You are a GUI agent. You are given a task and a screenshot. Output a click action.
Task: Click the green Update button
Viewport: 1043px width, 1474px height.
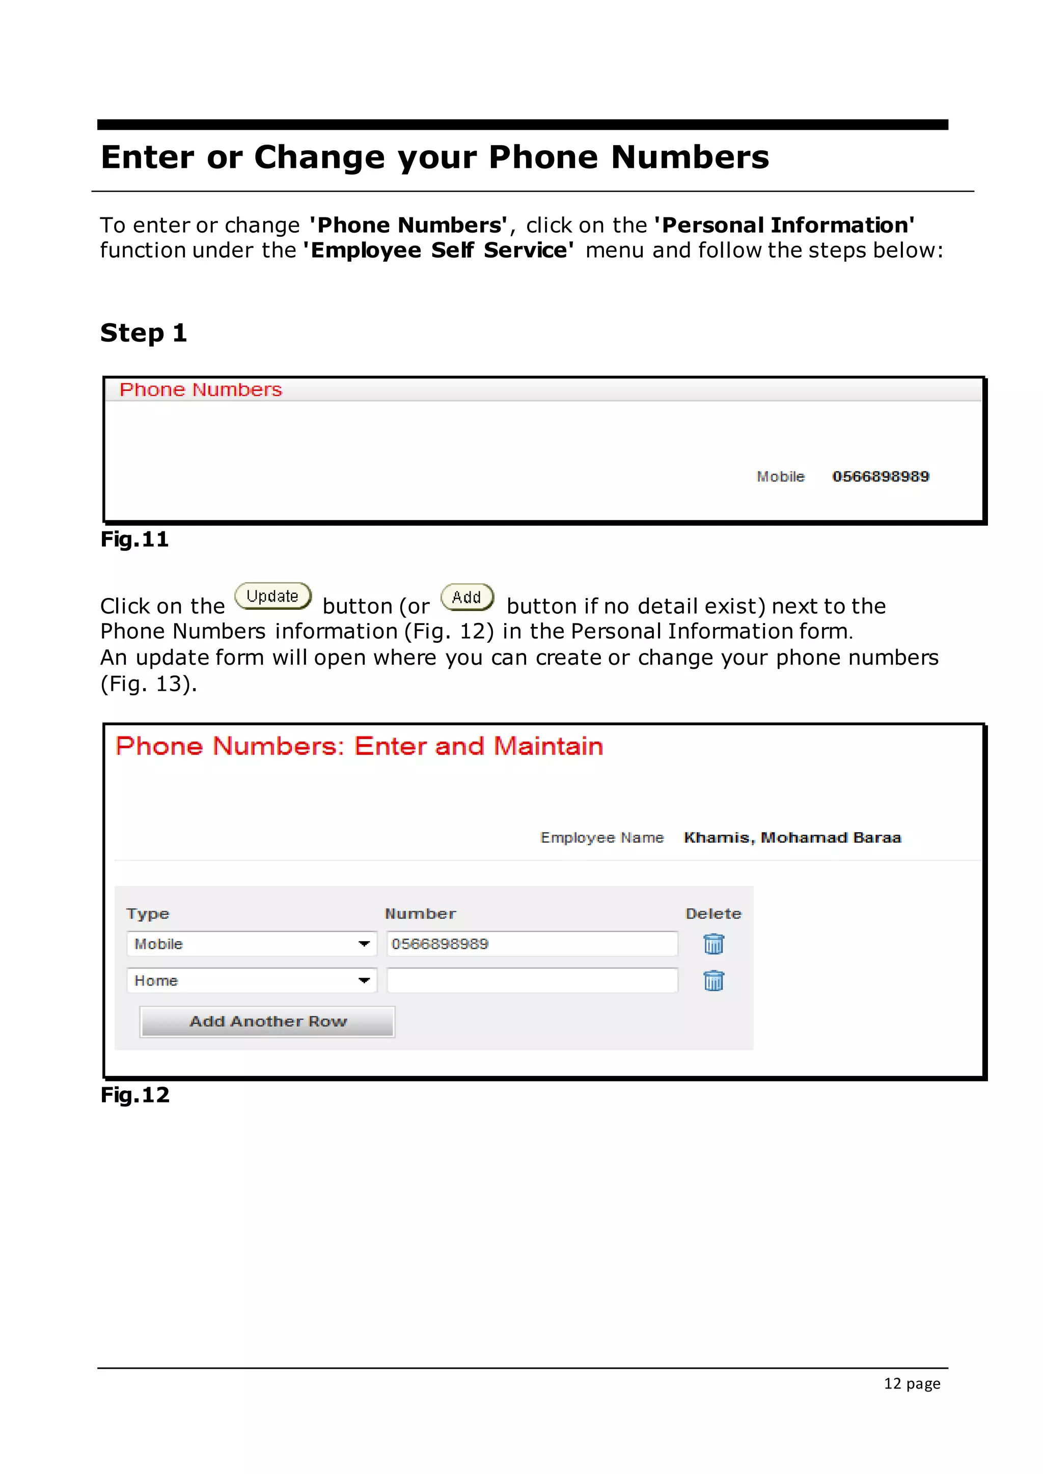coord(273,596)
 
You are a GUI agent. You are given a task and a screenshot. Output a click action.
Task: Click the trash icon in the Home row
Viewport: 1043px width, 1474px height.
coord(713,980)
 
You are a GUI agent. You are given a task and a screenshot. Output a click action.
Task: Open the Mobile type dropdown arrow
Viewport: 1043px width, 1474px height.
coord(364,944)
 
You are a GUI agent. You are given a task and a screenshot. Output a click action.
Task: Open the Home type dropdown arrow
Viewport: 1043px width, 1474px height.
coord(364,980)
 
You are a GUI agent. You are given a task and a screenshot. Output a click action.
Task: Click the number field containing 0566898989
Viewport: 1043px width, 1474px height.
coord(532,944)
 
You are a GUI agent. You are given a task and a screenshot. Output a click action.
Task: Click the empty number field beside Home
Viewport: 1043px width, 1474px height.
coord(532,980)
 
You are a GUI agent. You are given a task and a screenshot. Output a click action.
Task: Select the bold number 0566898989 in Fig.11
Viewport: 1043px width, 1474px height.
coord(881,476)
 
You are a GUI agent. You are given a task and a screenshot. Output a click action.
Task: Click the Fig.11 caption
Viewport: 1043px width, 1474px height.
coord(134,540)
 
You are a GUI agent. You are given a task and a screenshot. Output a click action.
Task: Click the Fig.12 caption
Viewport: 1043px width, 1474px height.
coord(135,1095)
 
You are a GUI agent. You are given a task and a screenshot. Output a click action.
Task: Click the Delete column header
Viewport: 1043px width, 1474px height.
coord(713,914)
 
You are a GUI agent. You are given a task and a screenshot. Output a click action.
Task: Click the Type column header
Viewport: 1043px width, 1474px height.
coord(148,914)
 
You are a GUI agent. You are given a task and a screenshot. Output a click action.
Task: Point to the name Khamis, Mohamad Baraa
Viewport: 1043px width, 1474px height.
coord(792,837)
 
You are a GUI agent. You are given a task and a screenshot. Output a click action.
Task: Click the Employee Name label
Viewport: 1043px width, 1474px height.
coord(602,837)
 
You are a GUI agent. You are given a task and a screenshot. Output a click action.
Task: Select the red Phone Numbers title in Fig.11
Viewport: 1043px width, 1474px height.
coord(200,390)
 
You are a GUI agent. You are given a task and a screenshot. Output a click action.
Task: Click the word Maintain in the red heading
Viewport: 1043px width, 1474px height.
coord(548,746)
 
